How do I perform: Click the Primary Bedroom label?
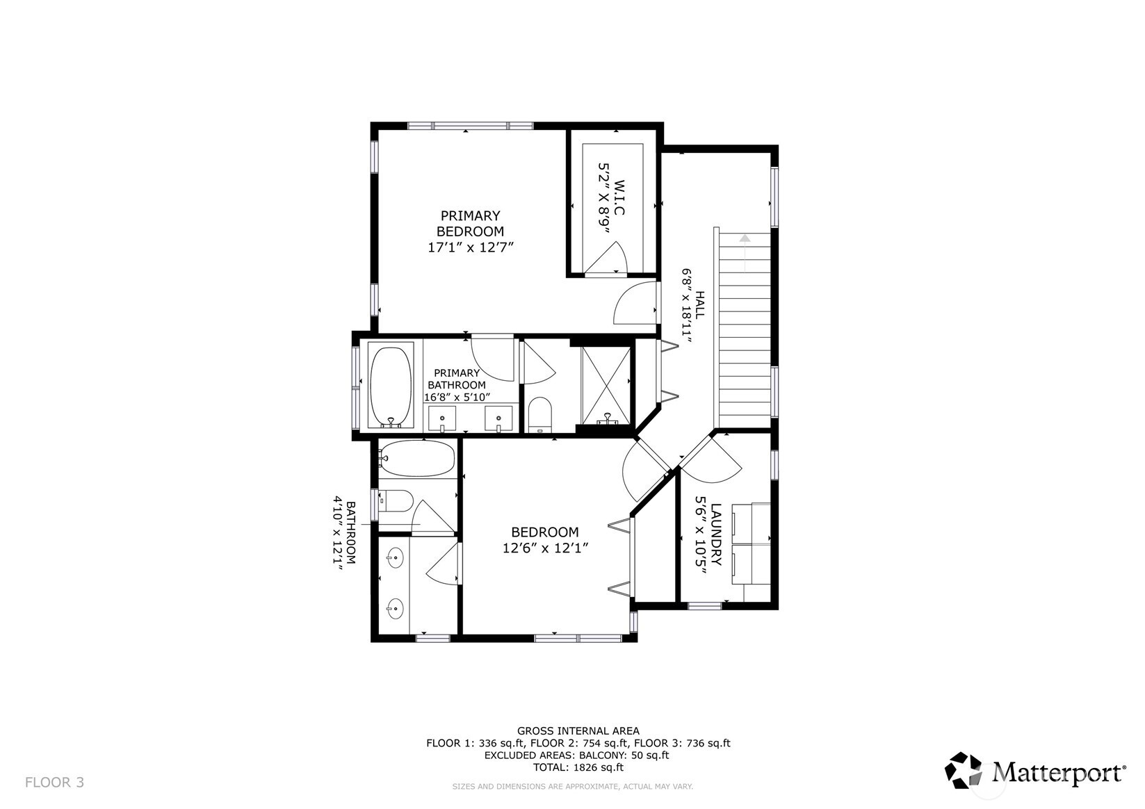click(x=470, y=223)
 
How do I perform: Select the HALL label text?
click(x=700, y=304)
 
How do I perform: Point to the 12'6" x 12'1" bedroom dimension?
click(x=546, y=548)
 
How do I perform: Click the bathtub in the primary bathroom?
click(x=391, y=386)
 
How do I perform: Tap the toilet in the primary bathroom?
click(x=539, y=414)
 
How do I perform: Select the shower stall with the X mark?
click(x=606, y=384)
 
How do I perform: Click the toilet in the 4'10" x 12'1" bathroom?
click(x=398, y=500)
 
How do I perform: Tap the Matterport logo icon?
click(x=963, y=770)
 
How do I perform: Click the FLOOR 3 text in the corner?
click(x=54, y=783)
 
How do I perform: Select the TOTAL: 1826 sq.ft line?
click(x=578, y=767)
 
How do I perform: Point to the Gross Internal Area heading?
click(x=578, y=730)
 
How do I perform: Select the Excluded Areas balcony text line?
click(x=576, y=755)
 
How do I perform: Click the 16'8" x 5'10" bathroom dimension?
click(x=457, y=397)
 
